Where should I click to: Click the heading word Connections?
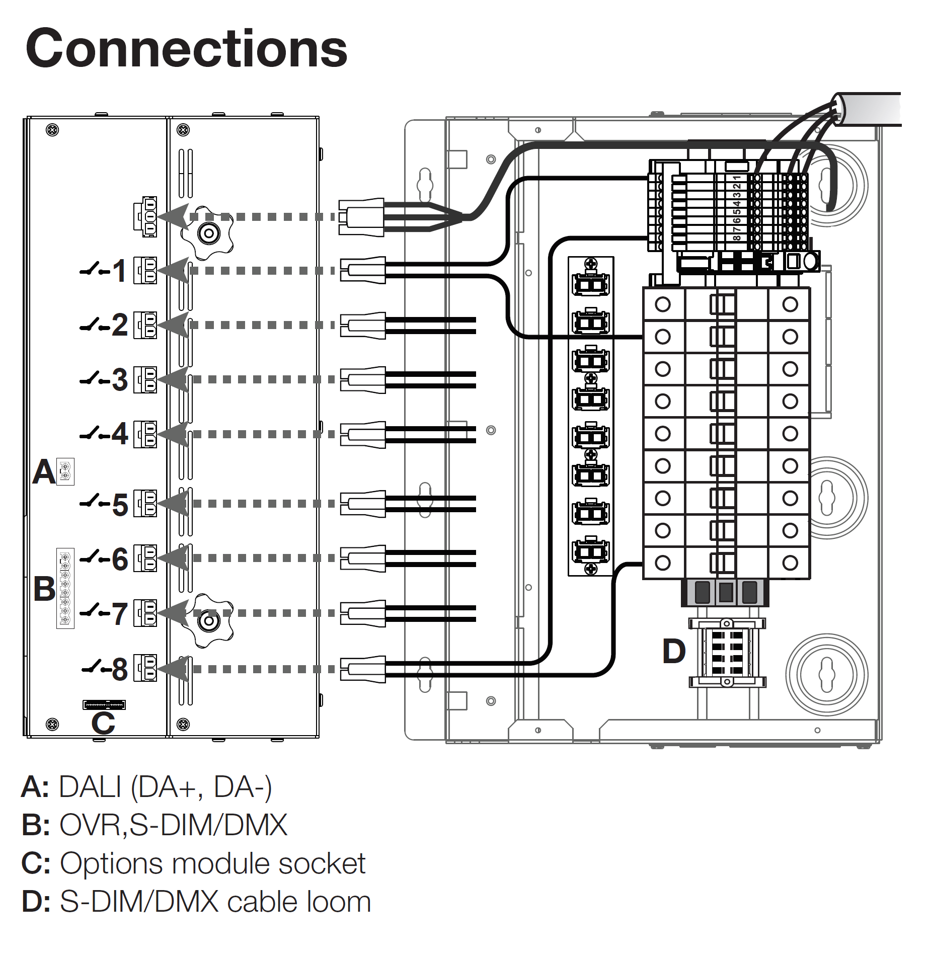(186, 48)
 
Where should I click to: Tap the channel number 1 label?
(119, 271)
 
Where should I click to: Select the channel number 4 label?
(119, 433)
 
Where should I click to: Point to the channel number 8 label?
(119, 669)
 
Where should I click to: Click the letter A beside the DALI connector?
(44, 472)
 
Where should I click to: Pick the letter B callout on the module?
(44, 589)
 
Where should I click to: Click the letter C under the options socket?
(103, 724)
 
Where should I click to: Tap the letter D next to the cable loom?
(674, 651)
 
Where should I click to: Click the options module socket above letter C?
(104, 704)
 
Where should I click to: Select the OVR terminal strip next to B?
(65, 588)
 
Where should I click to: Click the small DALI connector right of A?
(65, 471)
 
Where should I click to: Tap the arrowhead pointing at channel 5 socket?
(174, 503)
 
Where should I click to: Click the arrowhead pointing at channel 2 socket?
(174, 325)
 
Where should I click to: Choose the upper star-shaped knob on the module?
(207, 232)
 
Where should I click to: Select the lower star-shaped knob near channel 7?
(207, 621)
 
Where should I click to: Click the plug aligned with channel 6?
(363, 558)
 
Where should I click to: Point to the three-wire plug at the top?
(361, 217)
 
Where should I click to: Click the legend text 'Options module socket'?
(212, 864)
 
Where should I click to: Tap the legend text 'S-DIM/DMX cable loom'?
(215, 902)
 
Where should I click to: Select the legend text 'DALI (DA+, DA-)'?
(165, 787)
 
